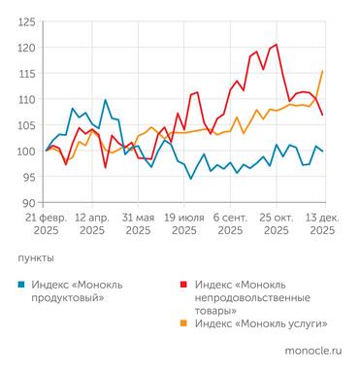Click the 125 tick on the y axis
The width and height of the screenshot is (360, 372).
(x=28, y=21)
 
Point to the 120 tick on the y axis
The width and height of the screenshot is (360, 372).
(x=28, y=48)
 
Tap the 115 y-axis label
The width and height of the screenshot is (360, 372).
(x=28, y=74)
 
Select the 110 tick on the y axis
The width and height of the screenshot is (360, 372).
(x=28, y=99)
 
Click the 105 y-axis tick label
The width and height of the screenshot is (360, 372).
(x=28, y=125)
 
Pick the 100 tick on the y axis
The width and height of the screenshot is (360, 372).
(x=28, y=152)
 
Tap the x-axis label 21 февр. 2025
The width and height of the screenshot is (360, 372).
(x=47, y=224)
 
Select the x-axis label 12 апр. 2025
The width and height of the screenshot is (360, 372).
(x=92, y=224)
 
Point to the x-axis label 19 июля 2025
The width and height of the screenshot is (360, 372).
(x=184, y=224)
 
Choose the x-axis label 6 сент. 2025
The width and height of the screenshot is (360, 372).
(x=230, y=224)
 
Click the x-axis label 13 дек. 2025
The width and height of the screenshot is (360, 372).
(x=321, y=224)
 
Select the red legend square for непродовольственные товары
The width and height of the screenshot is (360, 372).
(x=185, y=284)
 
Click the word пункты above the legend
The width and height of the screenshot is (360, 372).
(x=37, y=258)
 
